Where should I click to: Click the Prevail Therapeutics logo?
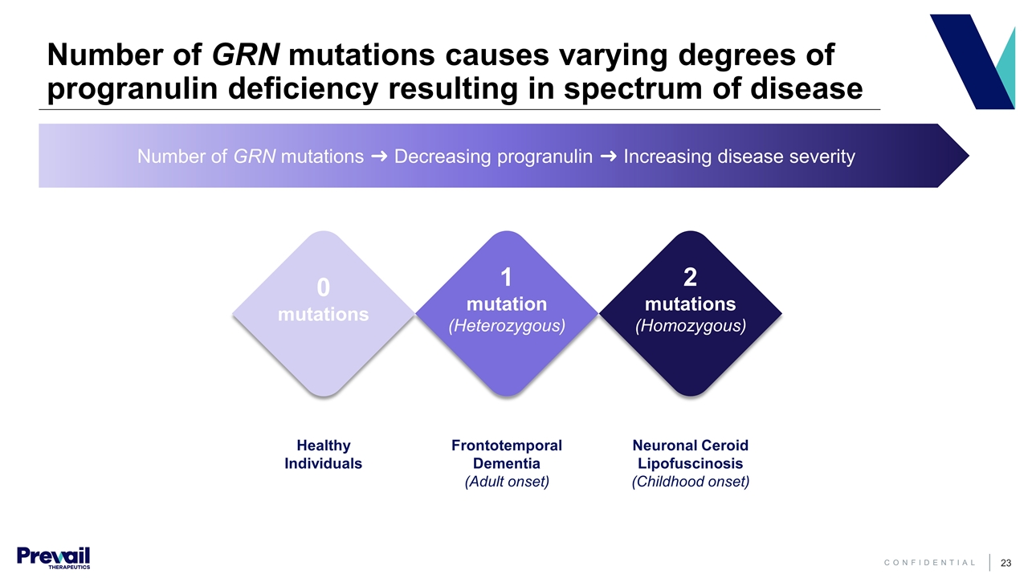(x=53, y=557)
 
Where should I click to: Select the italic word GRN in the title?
(x=246, y=56)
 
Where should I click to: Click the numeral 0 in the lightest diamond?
(x=323, y=287)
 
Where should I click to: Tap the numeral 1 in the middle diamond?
(x=506, y=278)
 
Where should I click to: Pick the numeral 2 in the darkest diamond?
(x=690, y=278)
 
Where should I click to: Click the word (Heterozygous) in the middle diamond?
(x=506, y=326)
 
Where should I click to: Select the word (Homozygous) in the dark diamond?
(x=690, y=326)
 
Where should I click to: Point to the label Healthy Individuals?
(x=323, y=454)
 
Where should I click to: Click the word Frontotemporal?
(x=506, y=446)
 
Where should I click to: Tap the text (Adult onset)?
(x=506, y=482)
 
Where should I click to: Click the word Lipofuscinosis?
(x=690, y=464)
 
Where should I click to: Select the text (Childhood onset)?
(x=690, y=482)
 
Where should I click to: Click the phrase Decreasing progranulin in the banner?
(x=493, y=157)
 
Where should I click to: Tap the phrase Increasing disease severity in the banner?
(x=739, y=157)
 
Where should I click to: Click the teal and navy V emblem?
(x=972, y=62)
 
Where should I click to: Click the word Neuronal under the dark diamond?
(x=662, y=446)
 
